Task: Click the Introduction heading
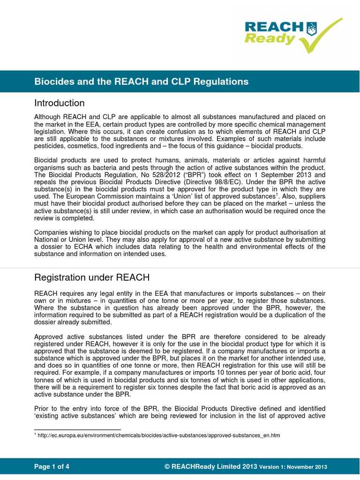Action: click(60, 103)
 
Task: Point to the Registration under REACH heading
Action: click(92, 277)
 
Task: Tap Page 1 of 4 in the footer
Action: click(52, 466)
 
